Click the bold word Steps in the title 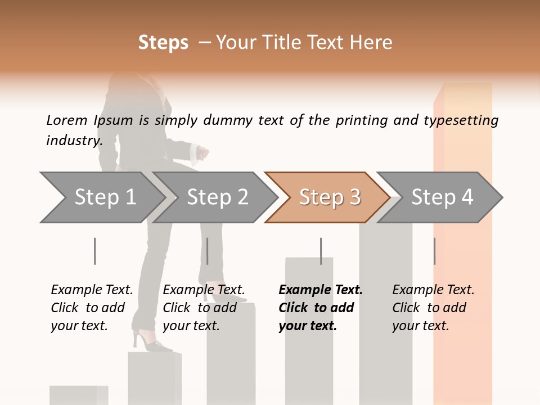pyautogui.click(x=163, y=42)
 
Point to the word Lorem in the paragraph pyautogui.click(x=66, y=120)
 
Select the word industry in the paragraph pyautogui.click(x=74, y=140)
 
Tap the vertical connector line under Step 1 pyautogui.click(x=94, y=251)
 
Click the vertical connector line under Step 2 pyautogui.click(x=208, y=251)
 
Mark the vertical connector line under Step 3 pyautogui.click(x=321, y=251)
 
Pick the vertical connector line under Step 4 pyautogui.click(x=434, y=251)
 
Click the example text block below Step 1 pyautogui.click(x=91, y=308)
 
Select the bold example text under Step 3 pyautogui.click(x=320, y=308)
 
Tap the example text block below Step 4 pyautogui.click(x=433, y=308)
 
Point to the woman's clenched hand pyautogui.click(x=202, y=152)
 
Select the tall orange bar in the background pyautogui.click(x=463, y=141)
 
